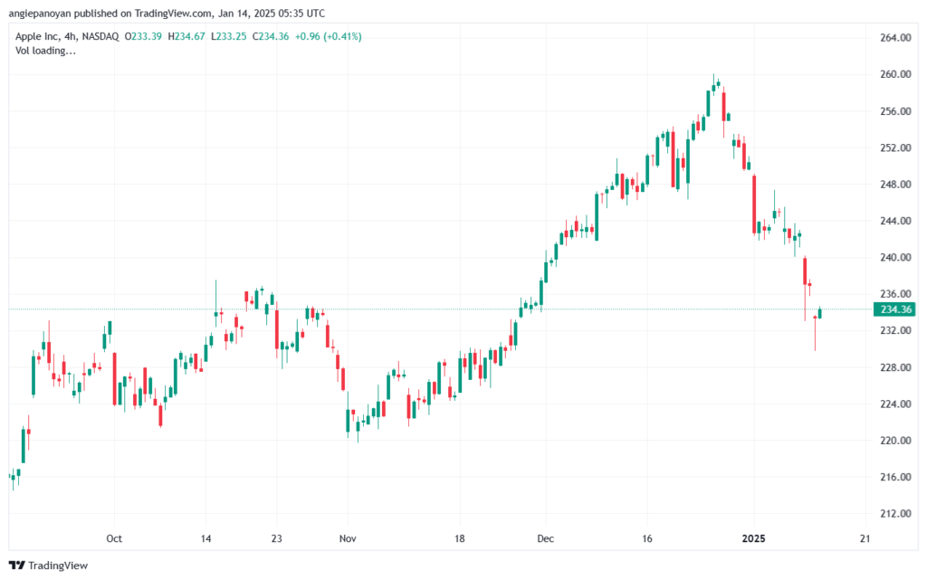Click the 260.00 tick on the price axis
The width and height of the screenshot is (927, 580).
(895, 74)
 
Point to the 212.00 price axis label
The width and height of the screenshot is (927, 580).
(895, 514)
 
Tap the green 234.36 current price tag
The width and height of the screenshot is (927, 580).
(894, 309)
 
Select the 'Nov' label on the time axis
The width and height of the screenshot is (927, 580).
(348, 538)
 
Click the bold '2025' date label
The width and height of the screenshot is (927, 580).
(754, 538)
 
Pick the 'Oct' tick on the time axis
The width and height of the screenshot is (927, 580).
(114, 538)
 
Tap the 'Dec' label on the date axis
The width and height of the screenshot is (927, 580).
(546, 538)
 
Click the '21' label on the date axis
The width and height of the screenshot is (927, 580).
(865, 538)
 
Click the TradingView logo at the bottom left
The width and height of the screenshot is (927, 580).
(49, 566)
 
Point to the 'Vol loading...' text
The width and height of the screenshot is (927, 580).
(45, 51)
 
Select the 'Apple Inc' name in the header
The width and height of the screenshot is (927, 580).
(36, 36)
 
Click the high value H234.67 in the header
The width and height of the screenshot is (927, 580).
(186, 36)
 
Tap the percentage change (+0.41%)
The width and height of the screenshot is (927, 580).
(341, 36)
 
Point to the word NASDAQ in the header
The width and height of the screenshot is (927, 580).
(100, 36)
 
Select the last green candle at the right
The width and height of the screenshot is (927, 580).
(820, 313)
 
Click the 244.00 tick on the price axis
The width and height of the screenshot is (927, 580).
(895, 221)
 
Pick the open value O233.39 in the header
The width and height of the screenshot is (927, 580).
(143, 36)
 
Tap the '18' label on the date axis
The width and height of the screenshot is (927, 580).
(459, 538)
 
